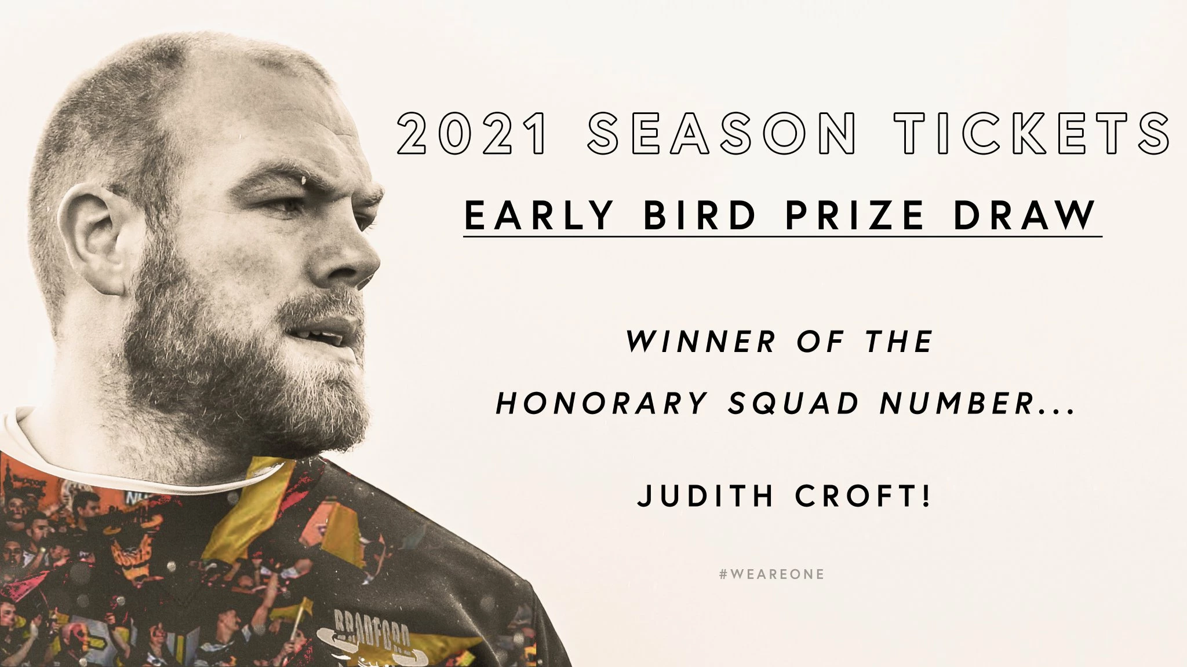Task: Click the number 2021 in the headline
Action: coord(471,134)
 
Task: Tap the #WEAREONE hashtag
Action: coord(771,575)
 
